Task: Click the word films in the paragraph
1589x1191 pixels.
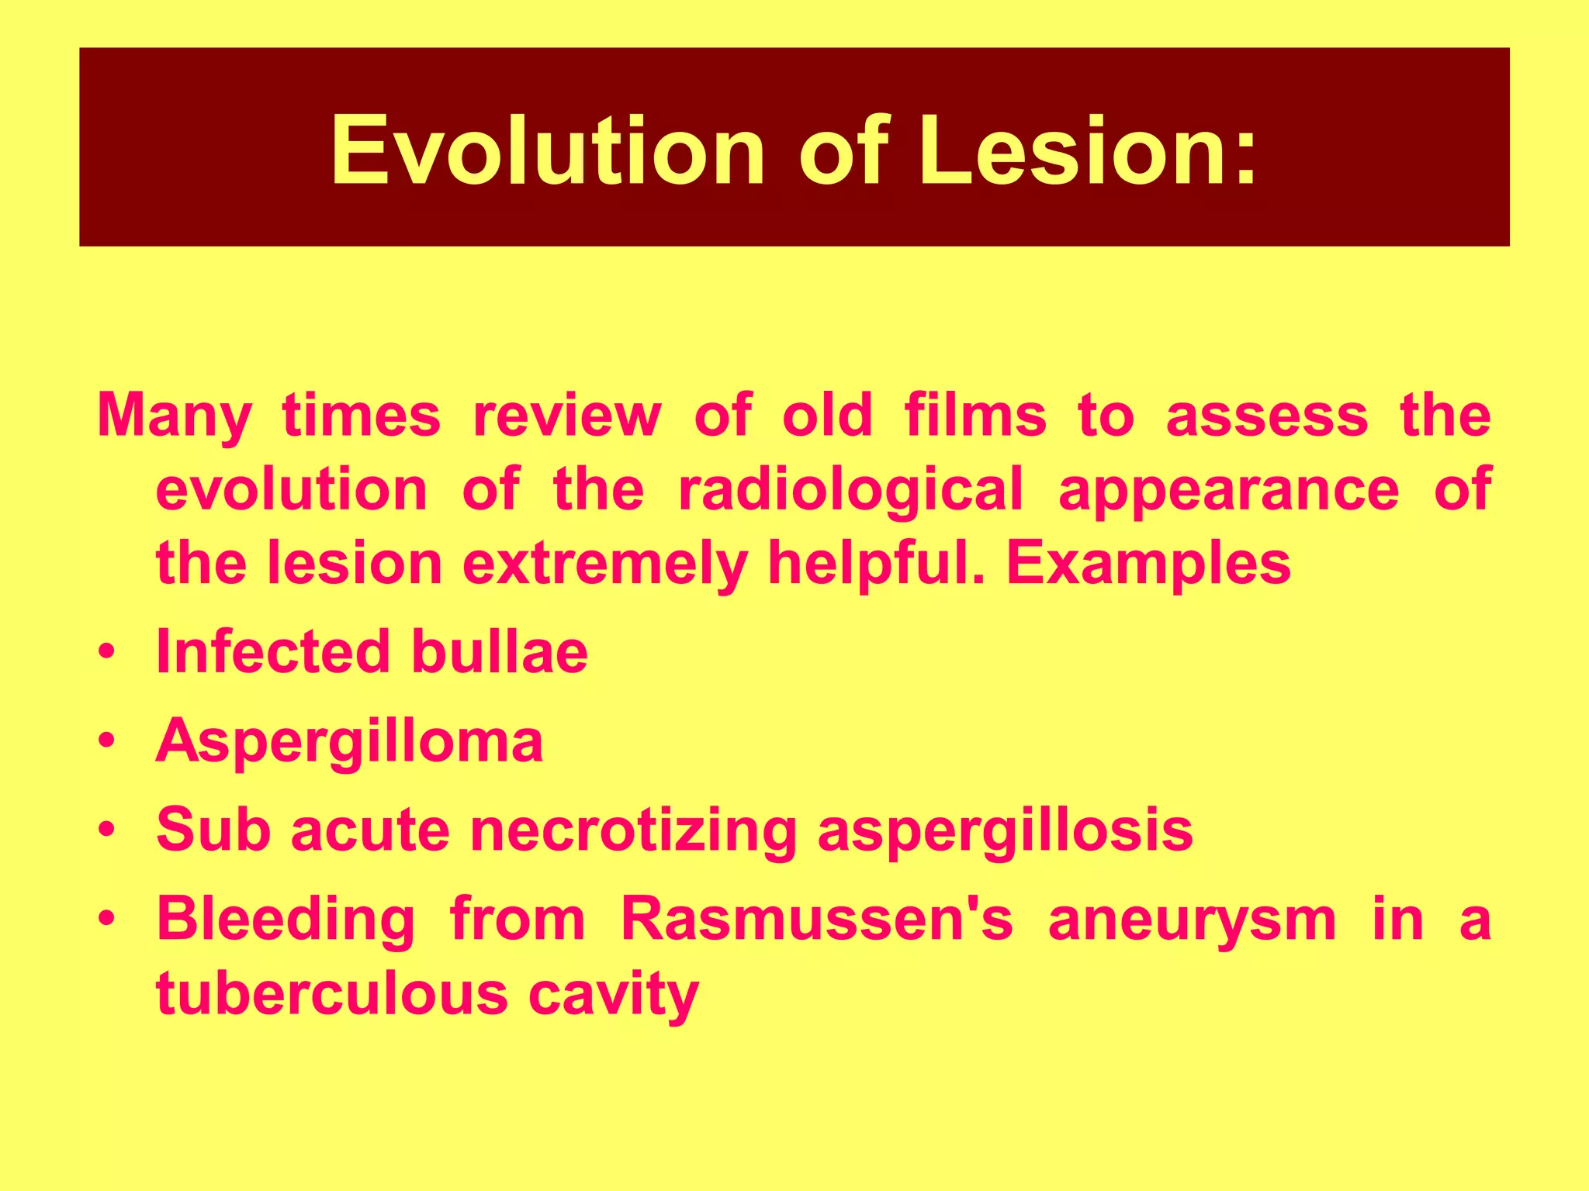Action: pyautogui.click(x=975, y=415)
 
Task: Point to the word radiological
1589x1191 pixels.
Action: pyautogui.click(x=850, y=490)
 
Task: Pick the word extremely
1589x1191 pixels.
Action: pyautogui.click(x=605, y=564)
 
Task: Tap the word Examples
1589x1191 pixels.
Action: pyautogui.click(x=1148, y=564)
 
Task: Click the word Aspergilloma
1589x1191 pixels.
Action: pyautogui.click(x=349, y=741)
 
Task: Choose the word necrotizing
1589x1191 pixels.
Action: pyautogui.click(x=633, y=830)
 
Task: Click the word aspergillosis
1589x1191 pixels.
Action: pyautogui.click(x=1005, y=830)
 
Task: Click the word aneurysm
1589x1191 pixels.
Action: pyautogui.click(x=1192, y=920)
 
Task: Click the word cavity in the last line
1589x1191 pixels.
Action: pyautogui.click(x=613, y=995)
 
